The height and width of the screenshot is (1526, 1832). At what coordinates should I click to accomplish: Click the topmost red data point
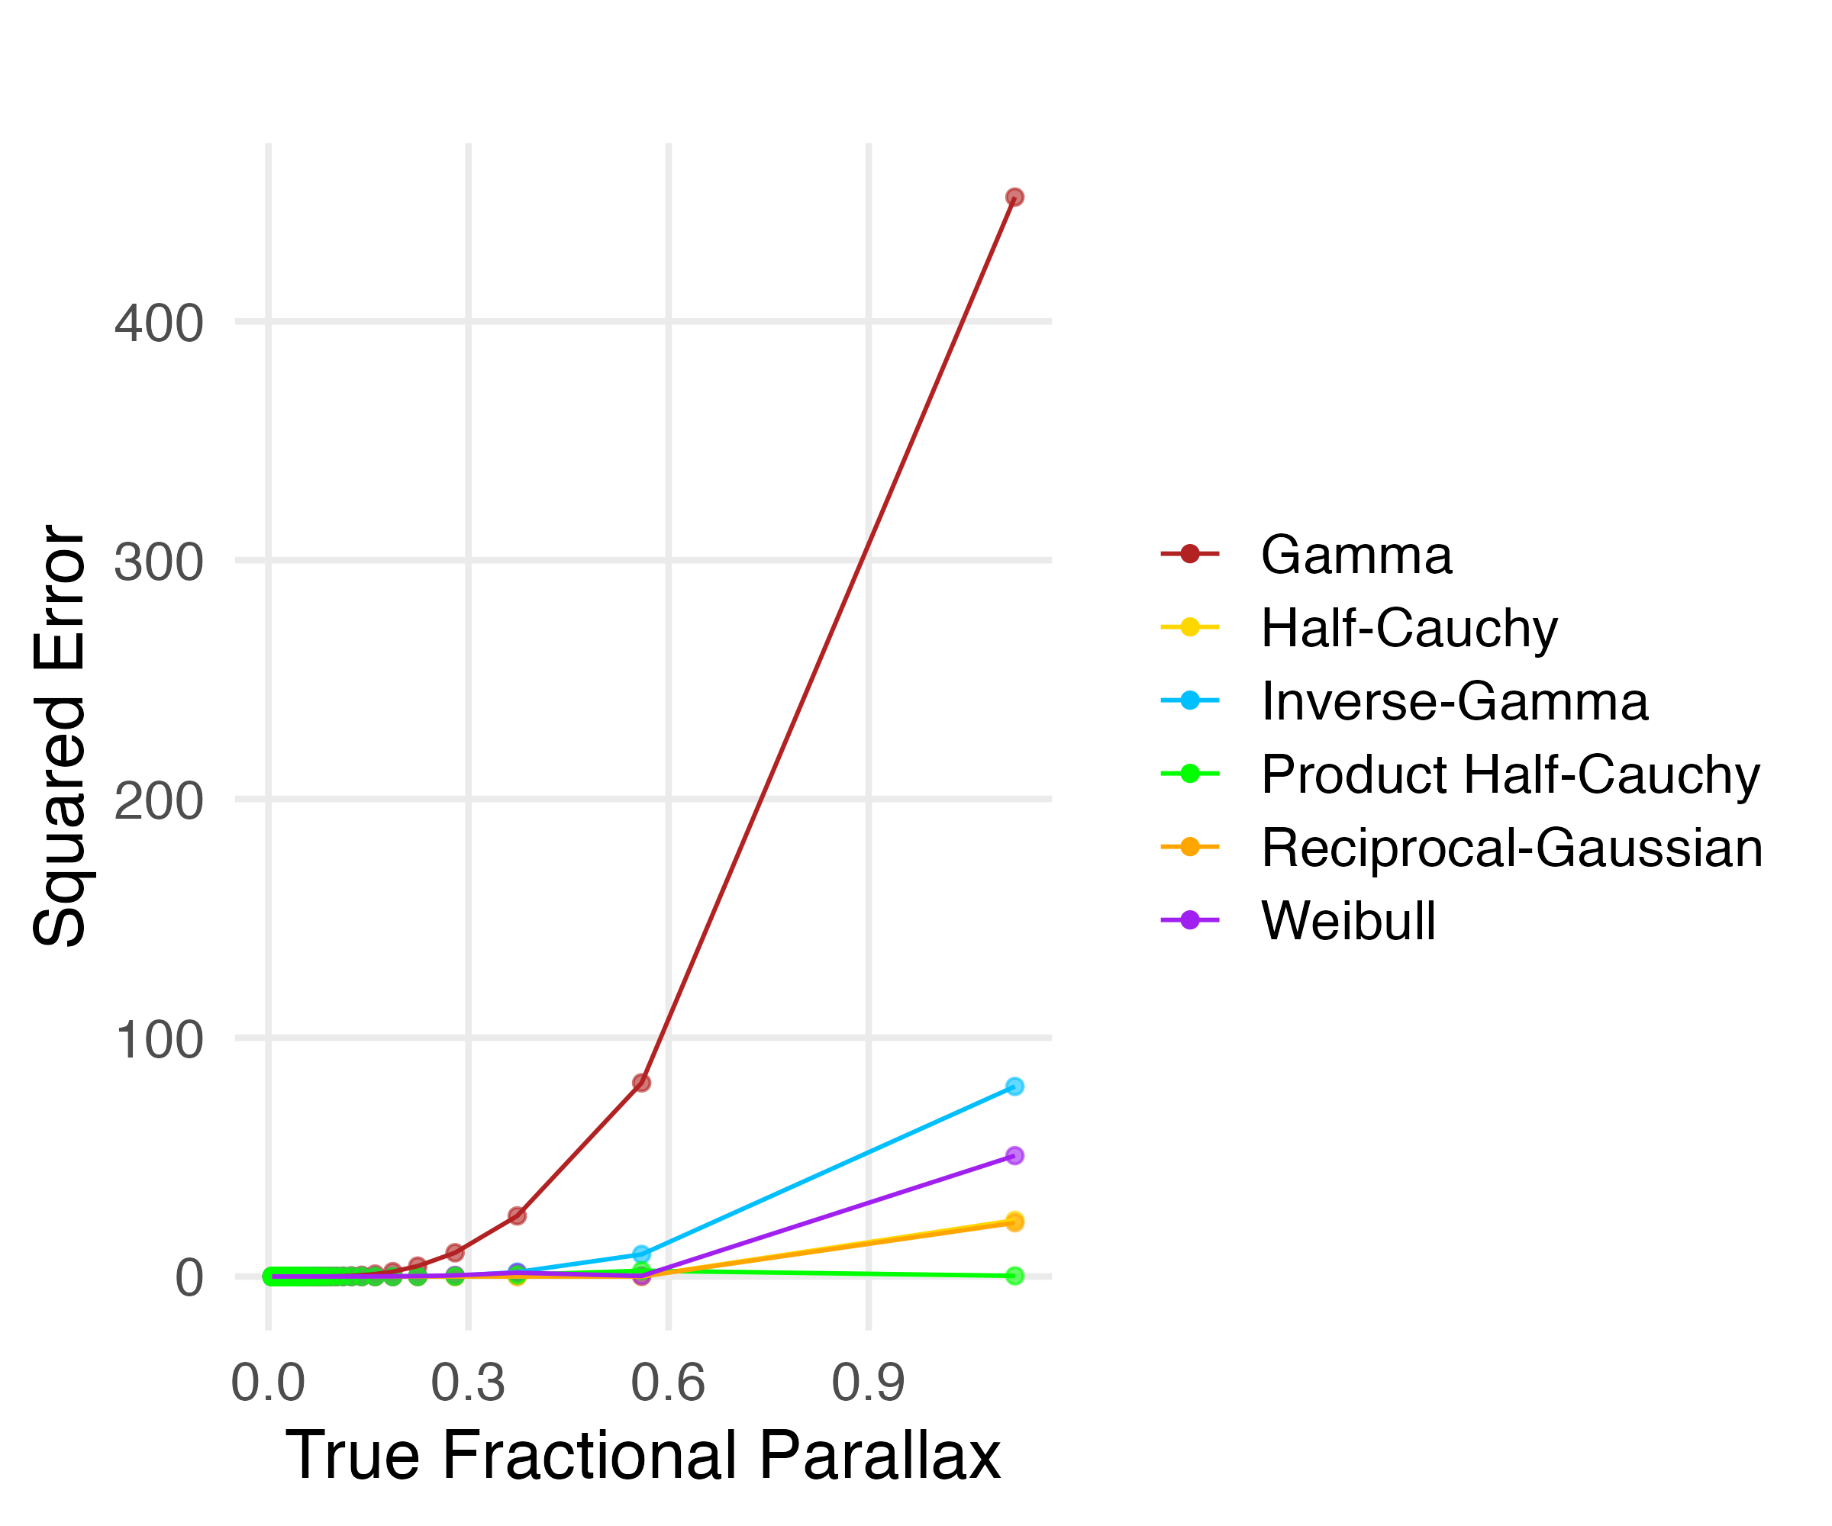tap(1014, 197)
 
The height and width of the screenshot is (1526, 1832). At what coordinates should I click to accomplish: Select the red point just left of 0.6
tap(641, 1083)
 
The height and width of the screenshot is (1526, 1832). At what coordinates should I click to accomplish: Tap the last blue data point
tap(1014, 1087)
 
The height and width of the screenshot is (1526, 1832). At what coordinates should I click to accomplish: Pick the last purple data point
tap(1014, 1155)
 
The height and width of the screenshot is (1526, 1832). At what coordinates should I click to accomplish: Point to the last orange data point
tap(1014, 1221)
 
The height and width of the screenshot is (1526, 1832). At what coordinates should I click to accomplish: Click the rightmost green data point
tap(1014, 1276)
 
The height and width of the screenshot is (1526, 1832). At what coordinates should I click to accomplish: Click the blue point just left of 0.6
tap(641, 1254)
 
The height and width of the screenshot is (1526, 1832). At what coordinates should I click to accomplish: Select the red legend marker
tap(1190, 554)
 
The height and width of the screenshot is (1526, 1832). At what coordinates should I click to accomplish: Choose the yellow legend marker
tap(1190, 627)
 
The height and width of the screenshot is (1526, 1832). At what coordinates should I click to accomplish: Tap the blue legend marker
tap(1190, 700)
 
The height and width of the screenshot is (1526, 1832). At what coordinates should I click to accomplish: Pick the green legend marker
tap(1190, 774)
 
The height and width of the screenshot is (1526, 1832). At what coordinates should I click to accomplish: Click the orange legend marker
tap(1190, 847)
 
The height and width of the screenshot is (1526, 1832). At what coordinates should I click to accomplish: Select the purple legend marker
tap(1190, 920)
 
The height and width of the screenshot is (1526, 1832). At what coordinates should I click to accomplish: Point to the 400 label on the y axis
tap(159, 324)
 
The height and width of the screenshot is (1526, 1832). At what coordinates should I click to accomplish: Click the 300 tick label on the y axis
tap(159, 562)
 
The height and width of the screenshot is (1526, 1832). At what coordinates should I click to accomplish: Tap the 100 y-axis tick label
tap(159, 1039)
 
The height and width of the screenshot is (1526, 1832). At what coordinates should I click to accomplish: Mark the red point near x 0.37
tap(518, 1215)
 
